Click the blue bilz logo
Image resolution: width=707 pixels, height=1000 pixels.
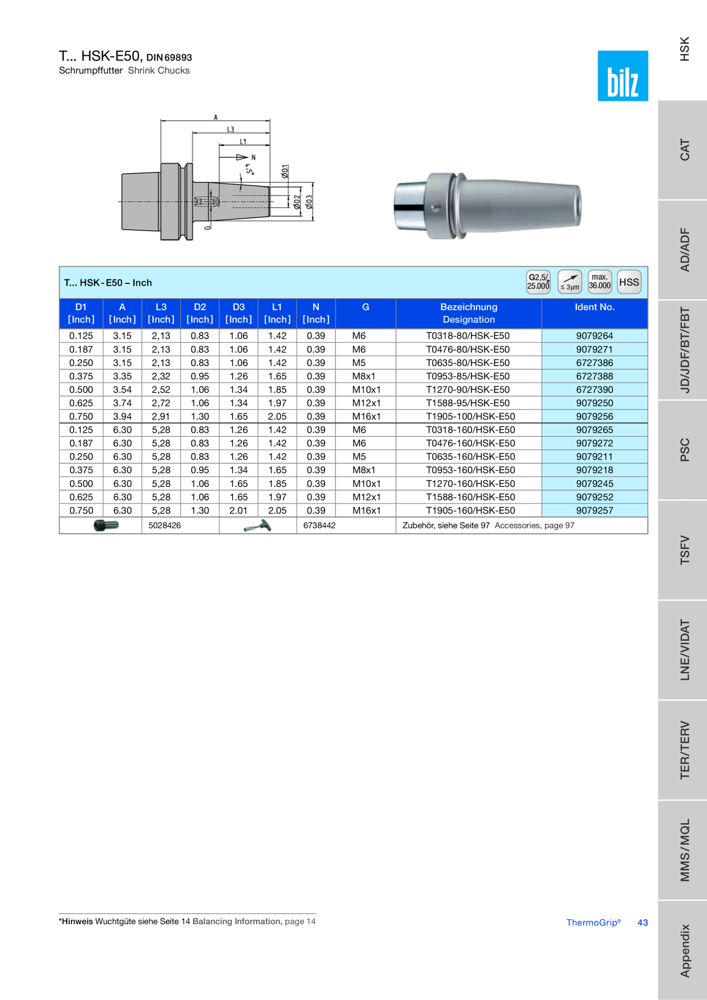point(623,76)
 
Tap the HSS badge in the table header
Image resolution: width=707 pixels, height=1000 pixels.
point(629,282)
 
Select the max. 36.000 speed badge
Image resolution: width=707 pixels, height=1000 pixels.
point(599,282)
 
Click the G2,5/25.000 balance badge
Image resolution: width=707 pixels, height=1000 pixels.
point(538,282)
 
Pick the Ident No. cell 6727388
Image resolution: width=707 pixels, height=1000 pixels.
point(594,376)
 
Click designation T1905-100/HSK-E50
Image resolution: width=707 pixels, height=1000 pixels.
point(470,417)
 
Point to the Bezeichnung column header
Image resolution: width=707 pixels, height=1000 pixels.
point(469,307)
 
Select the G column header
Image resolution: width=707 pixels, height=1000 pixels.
point(365,307)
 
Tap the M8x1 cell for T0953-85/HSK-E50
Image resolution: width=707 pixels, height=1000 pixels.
point(364,376)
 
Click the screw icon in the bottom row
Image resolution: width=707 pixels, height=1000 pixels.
point(106,525)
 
